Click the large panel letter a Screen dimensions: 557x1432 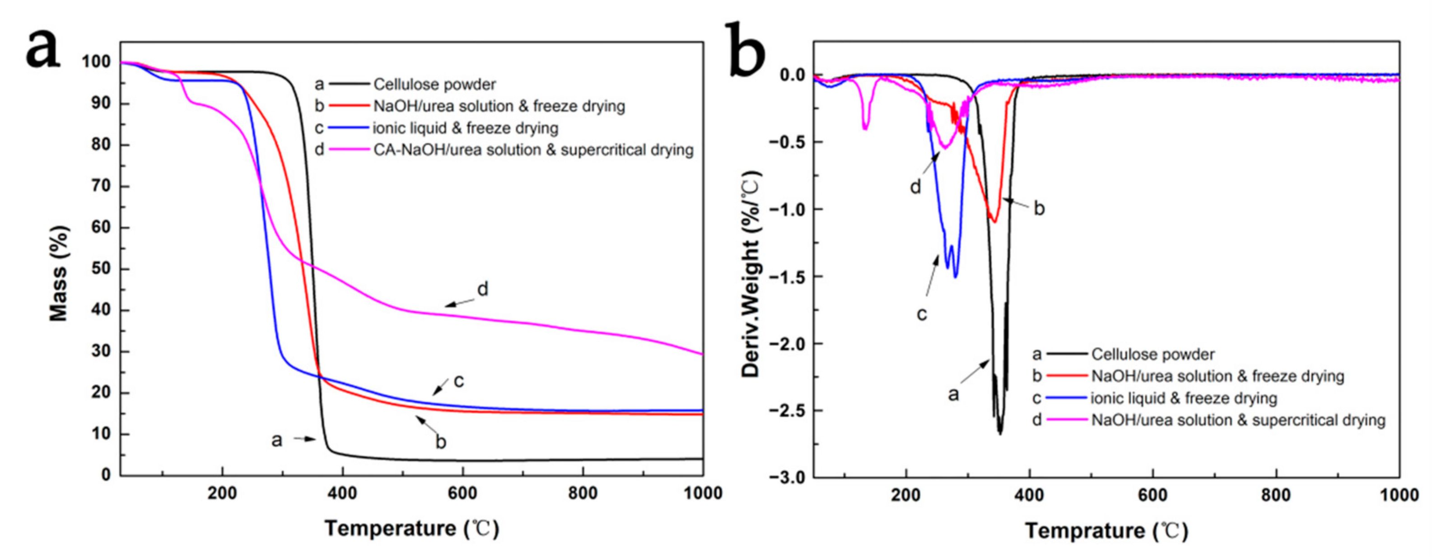pyautogui.click(x=42, y=49)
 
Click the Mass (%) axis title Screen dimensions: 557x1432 pyautogui.click(x=58, y=273)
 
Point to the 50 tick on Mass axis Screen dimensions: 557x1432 pyautogui.click(x=102, y=269)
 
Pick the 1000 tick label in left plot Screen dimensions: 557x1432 pyautogui.click(x=703, y=493)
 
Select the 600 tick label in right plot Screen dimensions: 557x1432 pyautogui.click(x=1152, y=495)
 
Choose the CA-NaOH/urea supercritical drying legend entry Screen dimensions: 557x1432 pyautogui.click(x=532, y=150)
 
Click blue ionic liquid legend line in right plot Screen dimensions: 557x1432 pyautogui.click(x=1066, y=398)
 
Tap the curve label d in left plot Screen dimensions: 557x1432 pyautogui.click(x=482, y=290)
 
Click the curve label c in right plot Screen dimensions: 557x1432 pyautogui.click(x=921, y=314)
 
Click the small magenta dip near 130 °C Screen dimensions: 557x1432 pyautogui.click(x=865, y=128)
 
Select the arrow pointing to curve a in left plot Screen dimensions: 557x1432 pyautogui.click(x=305, y=439)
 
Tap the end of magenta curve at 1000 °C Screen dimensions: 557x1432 pyautogui.click(x=702, y=354)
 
